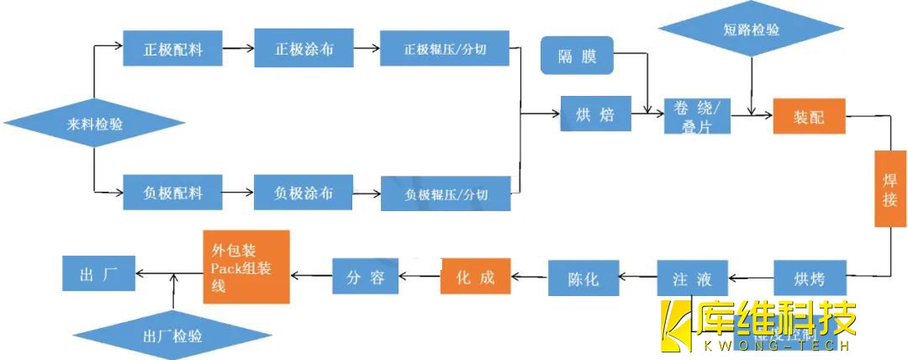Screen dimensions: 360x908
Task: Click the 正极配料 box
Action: click(161, 48)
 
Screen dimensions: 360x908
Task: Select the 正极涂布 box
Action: click(304, 48)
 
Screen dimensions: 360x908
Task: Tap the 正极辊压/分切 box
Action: click(446, 50)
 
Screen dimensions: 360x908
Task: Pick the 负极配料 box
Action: click(161, 193)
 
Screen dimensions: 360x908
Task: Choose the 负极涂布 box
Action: click(304, 193)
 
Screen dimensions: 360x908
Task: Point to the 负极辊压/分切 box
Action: click(446, 194)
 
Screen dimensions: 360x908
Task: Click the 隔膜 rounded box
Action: click(577, 56)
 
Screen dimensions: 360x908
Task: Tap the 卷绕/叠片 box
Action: click(697, 116)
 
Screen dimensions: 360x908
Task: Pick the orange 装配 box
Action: click(808, 117)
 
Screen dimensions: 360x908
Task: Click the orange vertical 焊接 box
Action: click(890, 188)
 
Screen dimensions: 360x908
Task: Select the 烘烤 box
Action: click(808, 278)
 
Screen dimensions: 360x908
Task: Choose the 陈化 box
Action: click(583, 278)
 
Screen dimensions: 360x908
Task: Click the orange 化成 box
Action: click(475, 277)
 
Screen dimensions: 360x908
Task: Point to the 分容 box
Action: click(365, 277)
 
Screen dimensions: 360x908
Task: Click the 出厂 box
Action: click(98, 274)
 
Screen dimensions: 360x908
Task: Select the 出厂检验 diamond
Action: click(172, 336)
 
